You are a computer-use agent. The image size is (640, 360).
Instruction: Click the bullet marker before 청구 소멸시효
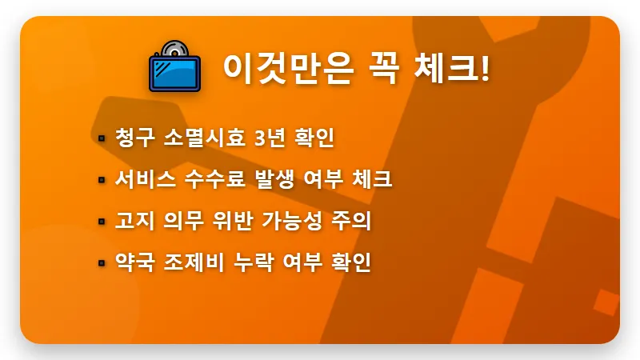tap(102, 138)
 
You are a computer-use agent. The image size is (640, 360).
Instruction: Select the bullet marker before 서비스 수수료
tap(102, 179)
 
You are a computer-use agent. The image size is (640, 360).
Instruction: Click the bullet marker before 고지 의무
tap(102, 221)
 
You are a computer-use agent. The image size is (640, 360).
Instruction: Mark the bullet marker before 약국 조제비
tap(102, 262)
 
